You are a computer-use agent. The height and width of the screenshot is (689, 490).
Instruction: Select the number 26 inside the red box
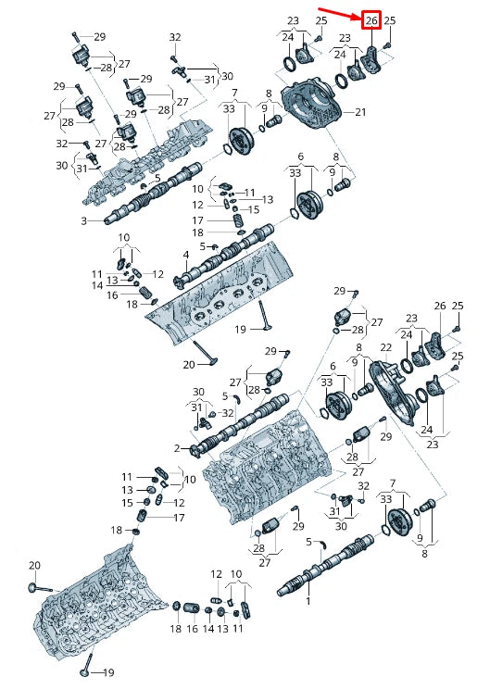tap(371, 20)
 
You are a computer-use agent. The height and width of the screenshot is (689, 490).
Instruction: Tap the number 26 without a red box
tap(440, 306)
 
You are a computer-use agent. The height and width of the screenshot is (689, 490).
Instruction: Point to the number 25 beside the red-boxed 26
tap(390, 20)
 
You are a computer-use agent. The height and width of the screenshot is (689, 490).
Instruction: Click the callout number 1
tap(308, 601)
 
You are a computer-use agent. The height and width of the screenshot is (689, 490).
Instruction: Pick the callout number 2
tap(177, 448)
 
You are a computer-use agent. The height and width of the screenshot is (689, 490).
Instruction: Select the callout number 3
tap(84, 220)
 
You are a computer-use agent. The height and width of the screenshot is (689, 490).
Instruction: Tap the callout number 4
tap(186, 255)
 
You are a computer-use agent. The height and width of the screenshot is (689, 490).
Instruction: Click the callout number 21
tap(360, 112)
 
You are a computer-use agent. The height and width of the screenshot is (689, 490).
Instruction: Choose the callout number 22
tap(385, 347)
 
